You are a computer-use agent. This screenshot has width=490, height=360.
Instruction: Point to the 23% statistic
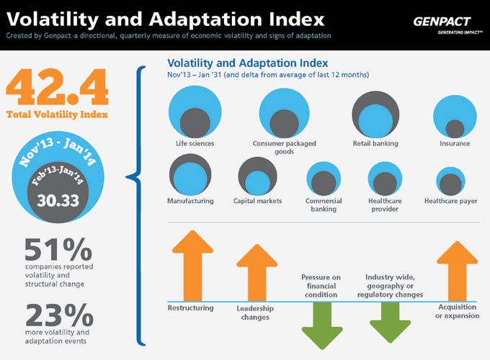[x=58, y=315]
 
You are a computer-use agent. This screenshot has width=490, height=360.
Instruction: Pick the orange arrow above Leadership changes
[x=257, y=271]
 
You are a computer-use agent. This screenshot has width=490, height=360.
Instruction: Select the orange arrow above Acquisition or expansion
[x=457, y=270]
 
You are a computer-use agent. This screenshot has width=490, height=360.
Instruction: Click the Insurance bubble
[x=455, y=117]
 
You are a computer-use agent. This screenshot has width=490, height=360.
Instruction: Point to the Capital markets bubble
[x=257, y=176]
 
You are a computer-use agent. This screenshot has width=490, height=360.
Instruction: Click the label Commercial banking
[x=324, y=205]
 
